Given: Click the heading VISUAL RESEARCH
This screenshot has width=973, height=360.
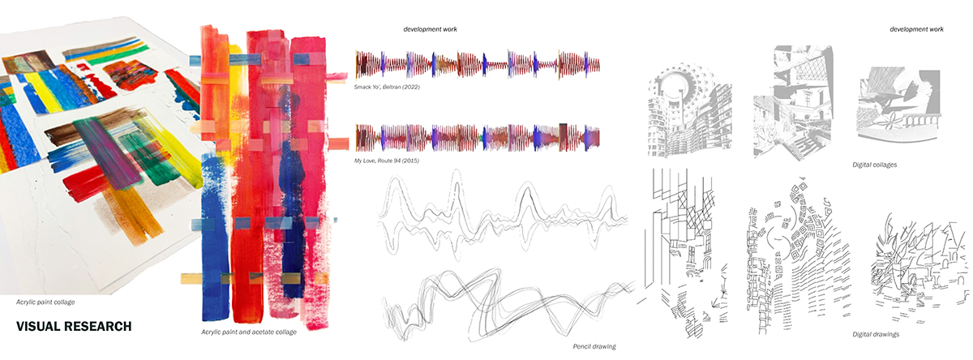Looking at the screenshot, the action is pyautogui.click(x=74, y=327).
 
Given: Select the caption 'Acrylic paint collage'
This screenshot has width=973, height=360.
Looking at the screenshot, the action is pyautogui.click(x=45, y=302).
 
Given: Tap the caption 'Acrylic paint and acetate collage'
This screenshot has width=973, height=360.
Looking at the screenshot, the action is pyautogui.click(x=249, y=332).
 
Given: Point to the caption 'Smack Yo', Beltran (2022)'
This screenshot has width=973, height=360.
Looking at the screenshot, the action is pyautogui.click(x=387, y=87).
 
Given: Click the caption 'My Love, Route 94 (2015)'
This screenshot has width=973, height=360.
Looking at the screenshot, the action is pyautogui.click(x=387, y=161).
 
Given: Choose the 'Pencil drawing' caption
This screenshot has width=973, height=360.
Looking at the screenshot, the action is pyautogui.click(x=594, y=346).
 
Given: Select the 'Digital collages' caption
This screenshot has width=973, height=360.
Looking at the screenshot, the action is pyautogui.click(x=874, y=165).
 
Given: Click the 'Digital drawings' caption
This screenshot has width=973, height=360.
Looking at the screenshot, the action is pyautogui.click(x=876, y=334).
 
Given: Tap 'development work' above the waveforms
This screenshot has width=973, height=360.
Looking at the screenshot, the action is pyautogui.click(x=430, y=29).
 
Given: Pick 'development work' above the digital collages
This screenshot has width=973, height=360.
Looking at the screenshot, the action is pyautogui.click(x=916, y=29).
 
